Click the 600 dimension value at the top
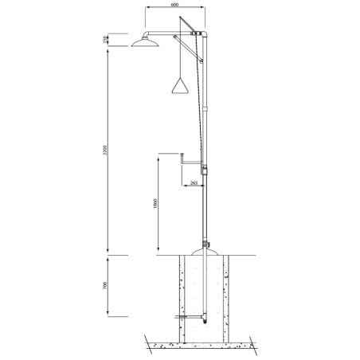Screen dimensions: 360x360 pos(175,5)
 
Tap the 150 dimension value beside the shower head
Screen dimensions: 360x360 pos(105,39)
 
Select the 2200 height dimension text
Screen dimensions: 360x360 pos(105,151)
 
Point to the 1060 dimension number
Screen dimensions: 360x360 pos(155,204)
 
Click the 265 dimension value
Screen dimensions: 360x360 pos(194,182)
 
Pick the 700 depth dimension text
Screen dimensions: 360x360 pos(105,285)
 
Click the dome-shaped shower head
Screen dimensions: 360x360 pos(145,43)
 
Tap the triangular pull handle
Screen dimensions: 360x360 pos(180,85)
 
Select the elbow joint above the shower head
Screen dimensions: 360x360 pos(146,34)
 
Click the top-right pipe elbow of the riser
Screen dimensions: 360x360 pos(205,34)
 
